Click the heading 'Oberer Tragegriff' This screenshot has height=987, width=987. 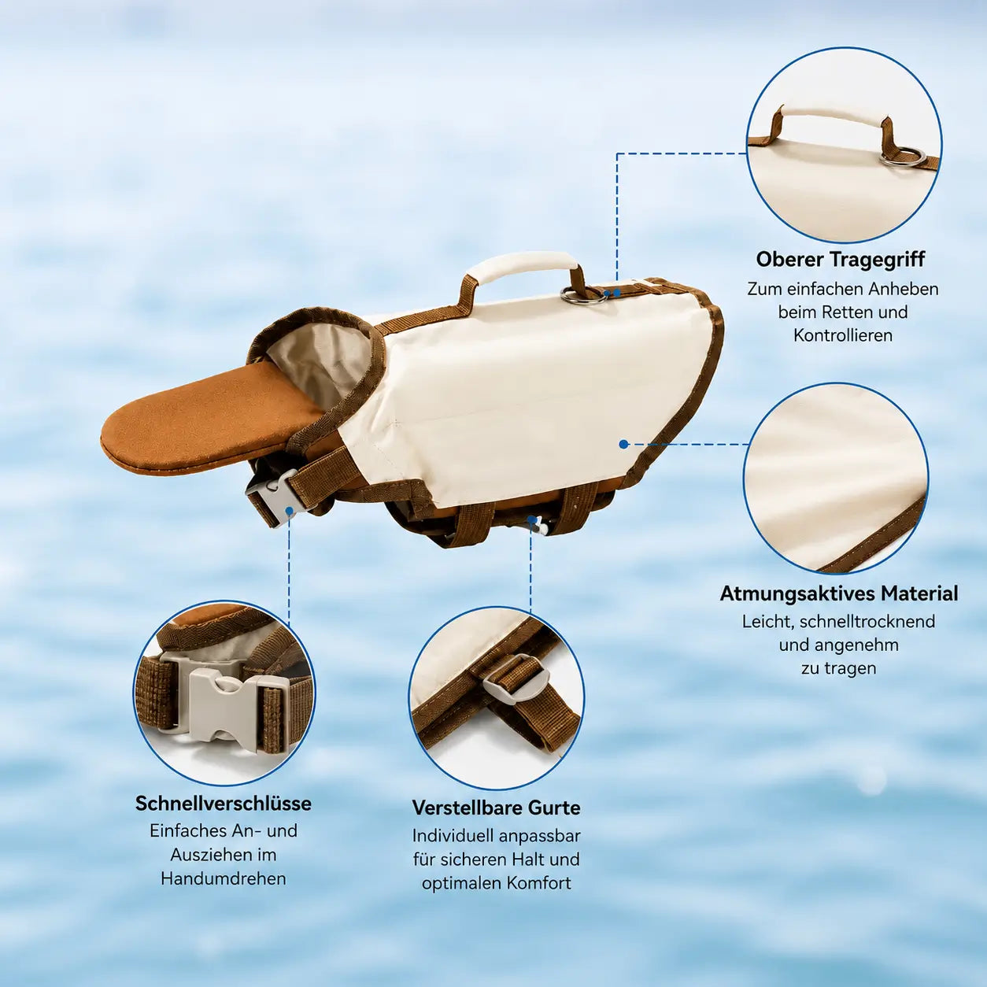[840, 259]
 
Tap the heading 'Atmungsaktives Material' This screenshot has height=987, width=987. [839, 593]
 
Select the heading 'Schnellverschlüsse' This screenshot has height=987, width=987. [224, 803]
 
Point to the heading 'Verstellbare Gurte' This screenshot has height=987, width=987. [497, 808]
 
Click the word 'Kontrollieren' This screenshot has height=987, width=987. [843, 335]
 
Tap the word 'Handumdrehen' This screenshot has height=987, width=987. [224, 879]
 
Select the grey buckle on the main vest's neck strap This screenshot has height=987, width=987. [272, 497]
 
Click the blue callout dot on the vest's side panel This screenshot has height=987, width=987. [623, 444]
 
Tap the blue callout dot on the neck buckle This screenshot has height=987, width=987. [290, 511]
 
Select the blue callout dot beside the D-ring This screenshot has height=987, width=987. [617, 293]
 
